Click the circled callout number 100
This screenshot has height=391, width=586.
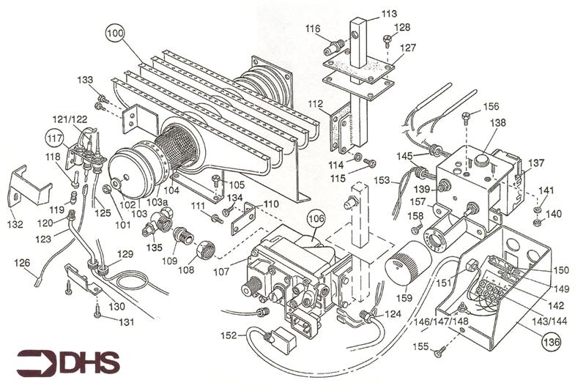coord(115,33)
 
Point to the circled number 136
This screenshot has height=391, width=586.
coord(549,340)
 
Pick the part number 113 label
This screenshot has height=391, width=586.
coord(389,14)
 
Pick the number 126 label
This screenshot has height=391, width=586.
coord(23,263)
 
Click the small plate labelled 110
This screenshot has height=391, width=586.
coord(245,218)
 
